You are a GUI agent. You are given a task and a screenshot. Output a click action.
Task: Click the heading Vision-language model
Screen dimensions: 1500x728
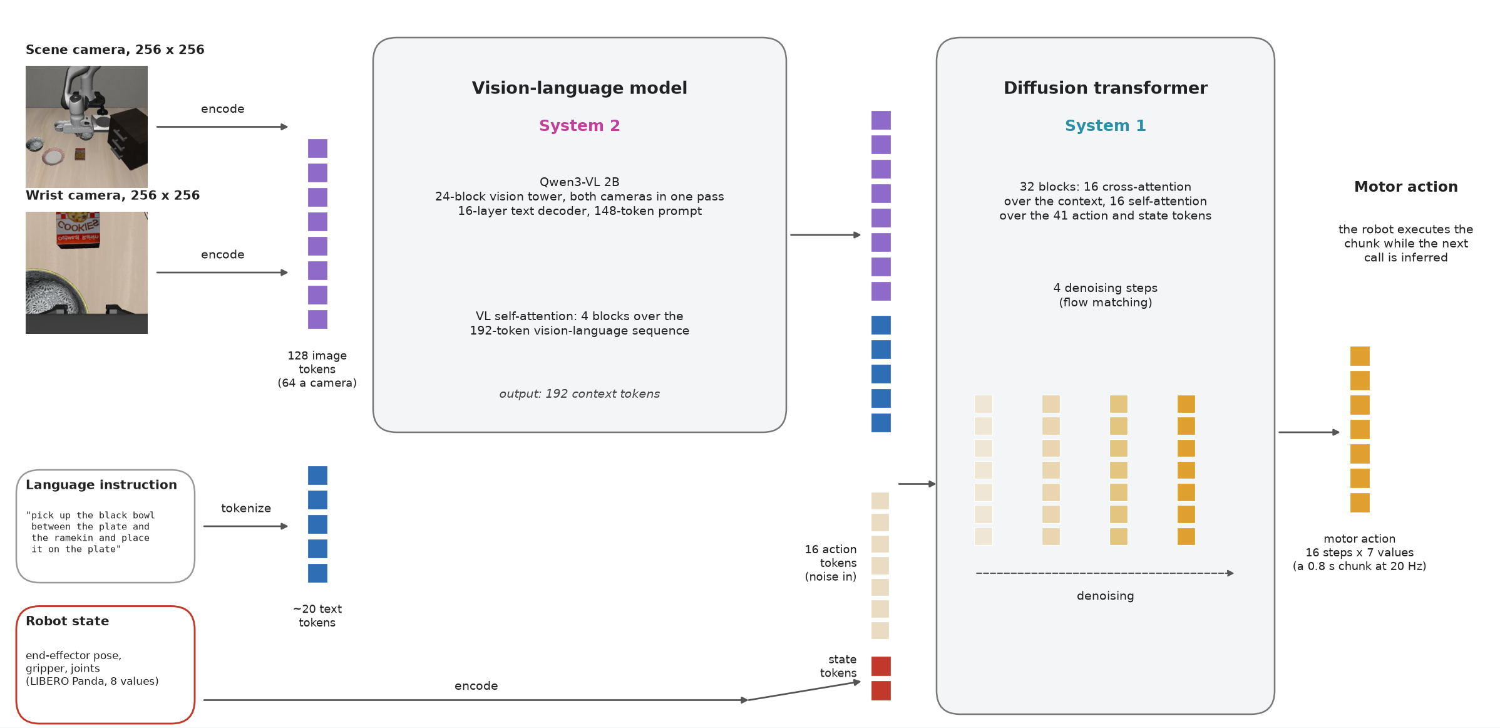579,88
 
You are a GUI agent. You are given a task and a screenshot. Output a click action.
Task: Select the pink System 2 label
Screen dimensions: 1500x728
579,125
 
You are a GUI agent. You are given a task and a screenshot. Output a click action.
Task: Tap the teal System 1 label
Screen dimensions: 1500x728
1105,125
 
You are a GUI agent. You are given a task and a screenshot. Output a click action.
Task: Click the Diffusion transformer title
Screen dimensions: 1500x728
1105,88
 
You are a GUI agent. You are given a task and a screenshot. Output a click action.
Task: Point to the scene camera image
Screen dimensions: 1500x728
86,127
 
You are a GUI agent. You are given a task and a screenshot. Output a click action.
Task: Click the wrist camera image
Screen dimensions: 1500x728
86,273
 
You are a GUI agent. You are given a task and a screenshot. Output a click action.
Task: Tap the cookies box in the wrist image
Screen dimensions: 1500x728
78,229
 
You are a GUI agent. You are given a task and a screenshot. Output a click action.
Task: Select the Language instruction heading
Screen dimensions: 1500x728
101,485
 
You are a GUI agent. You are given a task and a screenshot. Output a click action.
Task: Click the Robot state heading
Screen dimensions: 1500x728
68,621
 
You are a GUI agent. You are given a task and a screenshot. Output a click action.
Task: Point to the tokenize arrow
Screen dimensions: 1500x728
245,526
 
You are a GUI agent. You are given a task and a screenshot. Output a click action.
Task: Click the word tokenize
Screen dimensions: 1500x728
246,508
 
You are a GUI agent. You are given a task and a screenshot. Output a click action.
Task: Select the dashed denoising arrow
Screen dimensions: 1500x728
1105,573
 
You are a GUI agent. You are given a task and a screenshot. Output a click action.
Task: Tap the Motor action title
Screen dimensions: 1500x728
1405,187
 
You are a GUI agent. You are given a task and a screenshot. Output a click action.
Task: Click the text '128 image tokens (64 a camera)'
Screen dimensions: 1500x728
317,369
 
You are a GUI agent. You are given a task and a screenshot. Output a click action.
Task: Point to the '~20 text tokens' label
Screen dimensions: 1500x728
317,615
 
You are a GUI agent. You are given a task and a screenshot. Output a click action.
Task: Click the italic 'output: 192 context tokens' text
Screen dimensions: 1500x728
579,393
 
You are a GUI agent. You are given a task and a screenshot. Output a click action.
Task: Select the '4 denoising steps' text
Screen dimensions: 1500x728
1105,288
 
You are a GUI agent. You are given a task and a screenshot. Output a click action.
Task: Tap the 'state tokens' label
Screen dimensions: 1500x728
838,666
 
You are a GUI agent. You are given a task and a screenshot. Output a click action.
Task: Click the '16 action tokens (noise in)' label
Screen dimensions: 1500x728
831,563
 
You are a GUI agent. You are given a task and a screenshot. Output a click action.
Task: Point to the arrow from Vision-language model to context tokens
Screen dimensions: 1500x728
826,235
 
